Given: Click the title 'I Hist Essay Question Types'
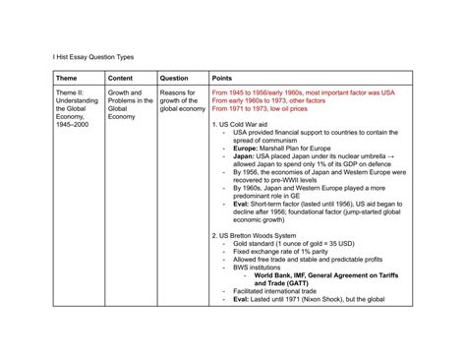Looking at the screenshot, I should (x=93, y=56).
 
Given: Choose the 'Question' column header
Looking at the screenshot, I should (x=174, y=78).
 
